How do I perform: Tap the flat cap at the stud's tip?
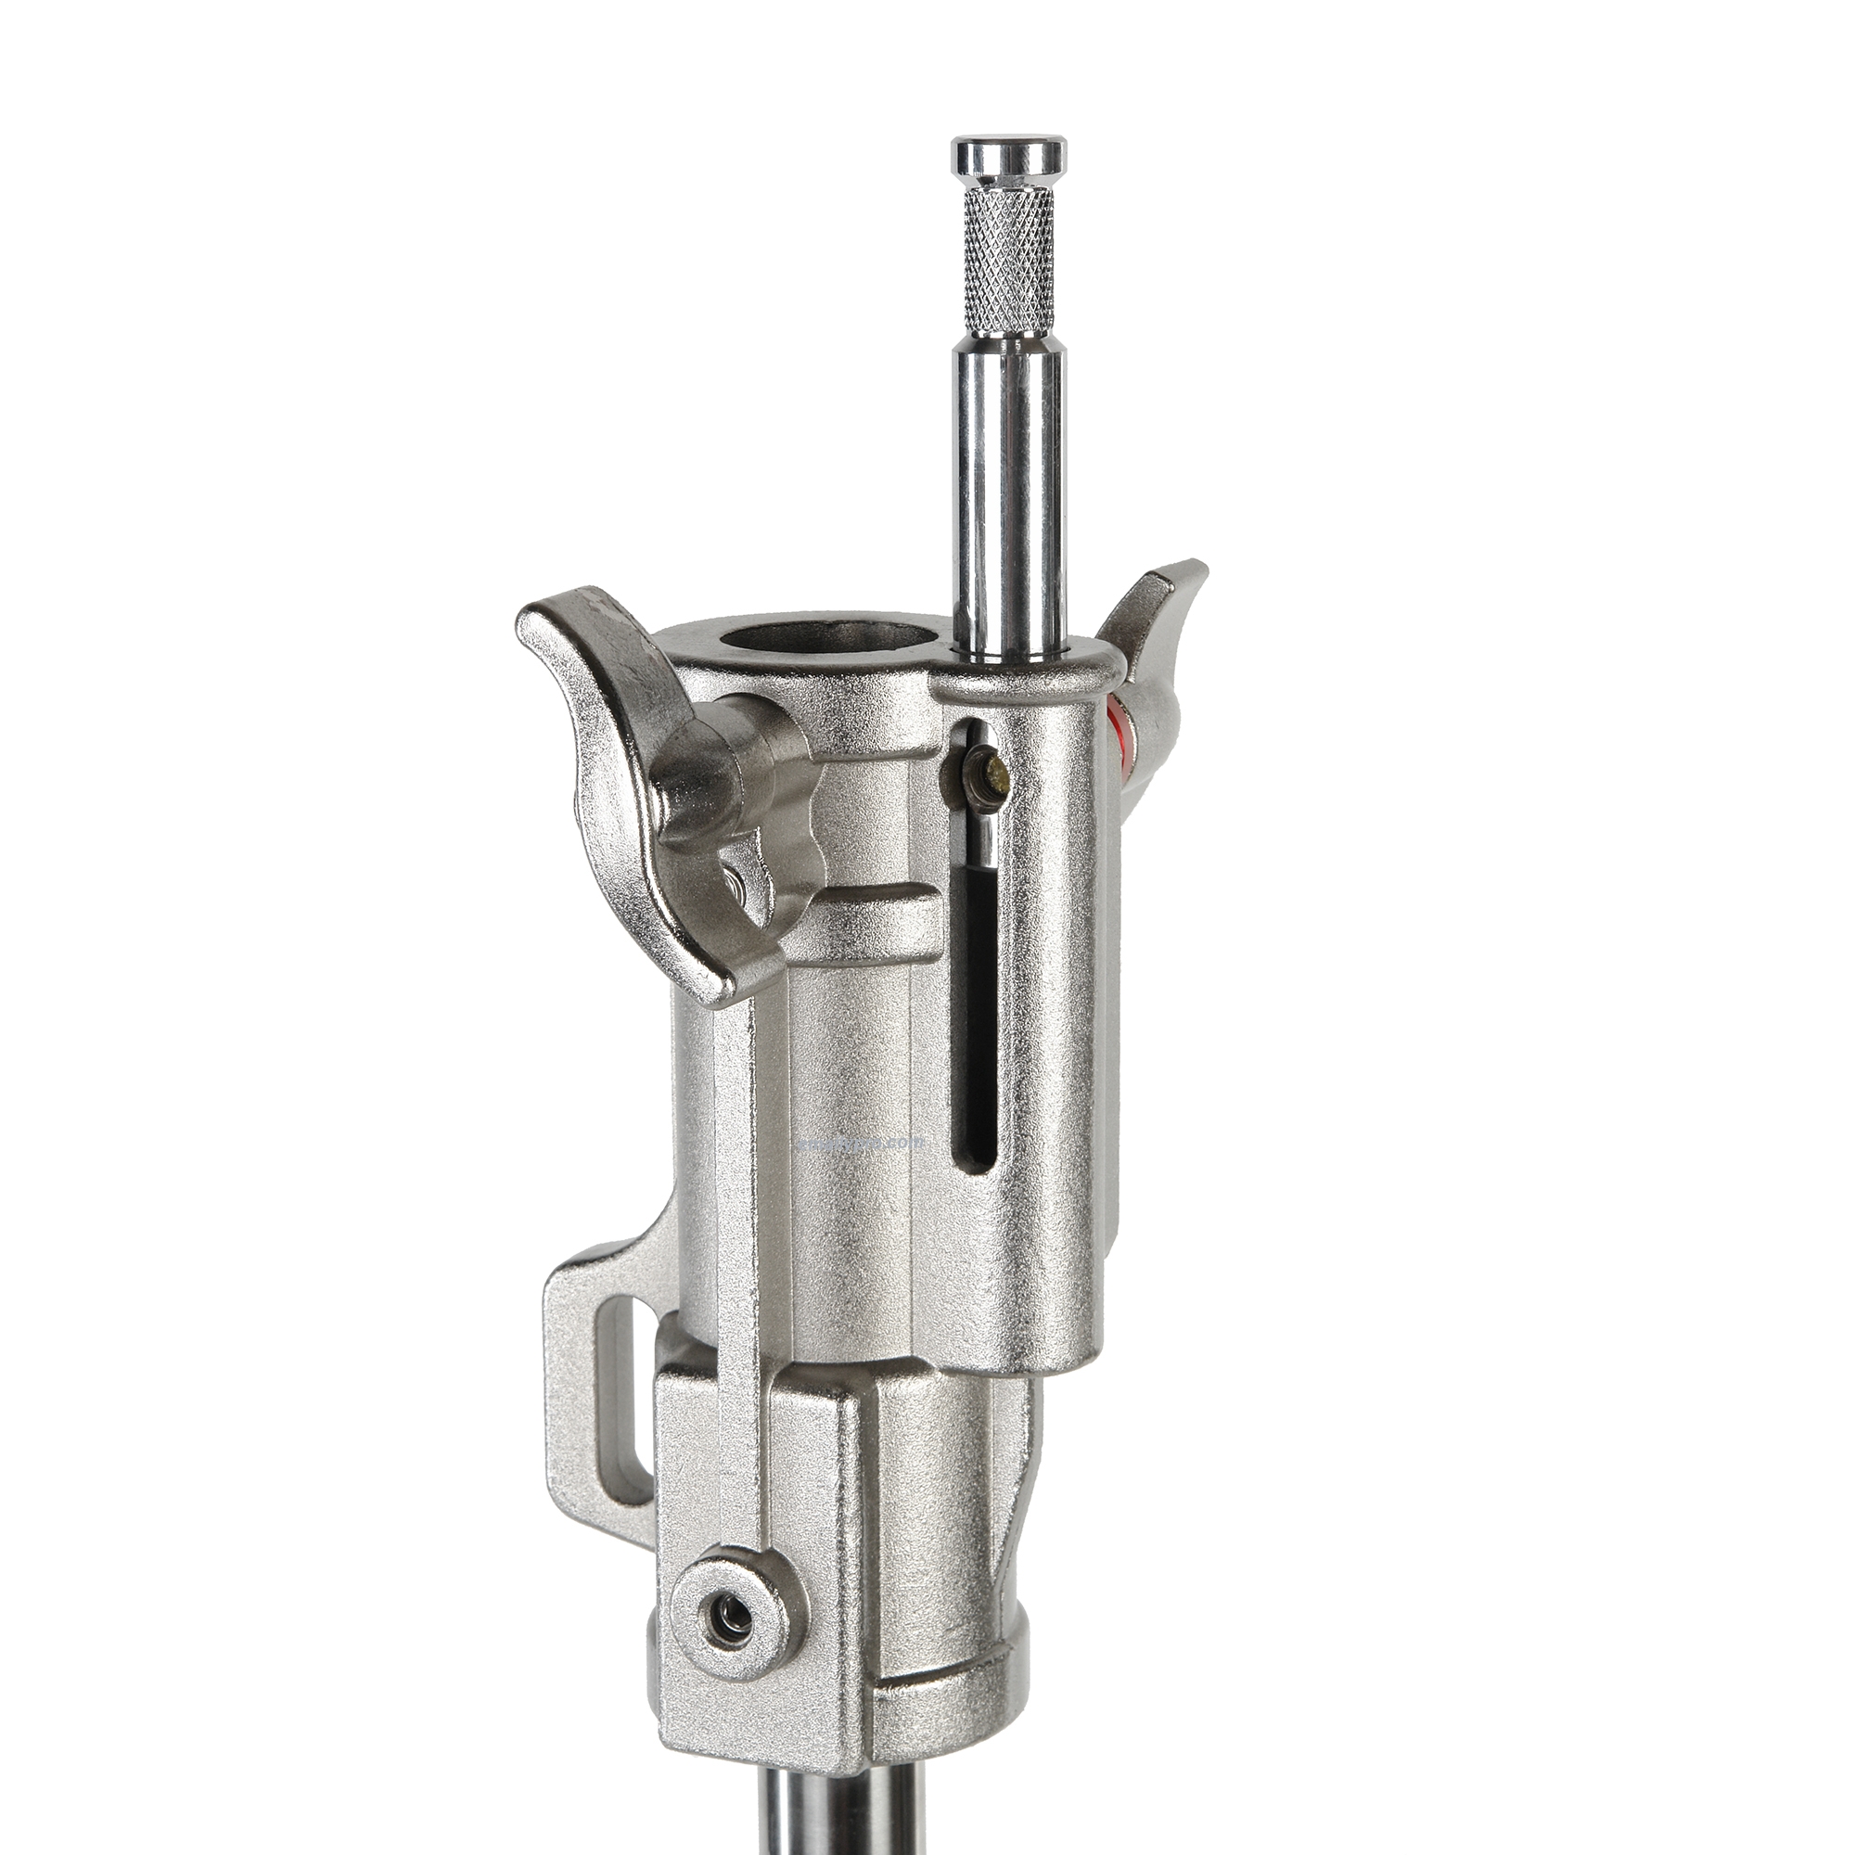1008,154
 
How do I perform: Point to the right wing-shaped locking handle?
1157,633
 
